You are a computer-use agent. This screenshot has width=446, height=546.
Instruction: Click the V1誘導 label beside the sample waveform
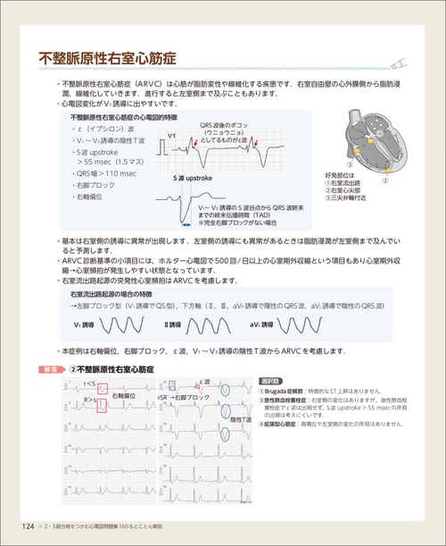[x=87, y=323]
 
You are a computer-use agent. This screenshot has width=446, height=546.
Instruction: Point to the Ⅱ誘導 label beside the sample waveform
[x=178, y=323]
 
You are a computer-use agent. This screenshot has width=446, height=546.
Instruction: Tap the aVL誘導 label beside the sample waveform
[x=265, y=323]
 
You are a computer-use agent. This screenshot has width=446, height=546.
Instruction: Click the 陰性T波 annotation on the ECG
[x=236, y=419]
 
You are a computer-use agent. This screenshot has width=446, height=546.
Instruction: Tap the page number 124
[x=28, y=525]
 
